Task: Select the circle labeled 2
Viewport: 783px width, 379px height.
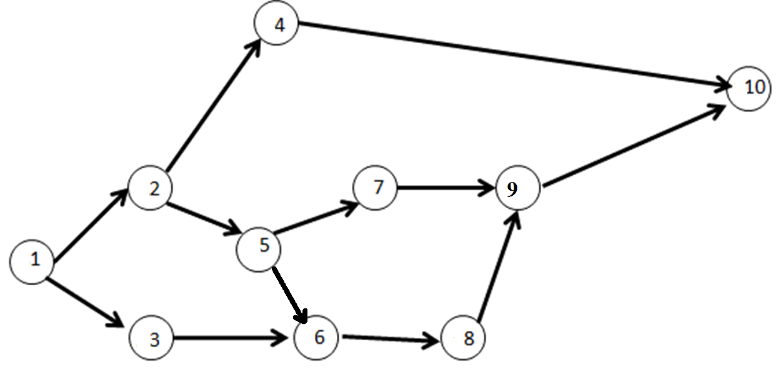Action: coord(150,188)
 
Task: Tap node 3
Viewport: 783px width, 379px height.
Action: coord(152,339)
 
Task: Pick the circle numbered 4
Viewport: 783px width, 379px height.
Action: coord(276,25)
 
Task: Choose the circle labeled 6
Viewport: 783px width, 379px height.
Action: coord(317,338)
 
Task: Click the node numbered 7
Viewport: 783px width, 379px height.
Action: coord(375,188)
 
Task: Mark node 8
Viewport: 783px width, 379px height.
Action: coord(463,339)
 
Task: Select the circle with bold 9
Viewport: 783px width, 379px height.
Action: coord(517,189)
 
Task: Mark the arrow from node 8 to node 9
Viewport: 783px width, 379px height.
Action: coord(497,266)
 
